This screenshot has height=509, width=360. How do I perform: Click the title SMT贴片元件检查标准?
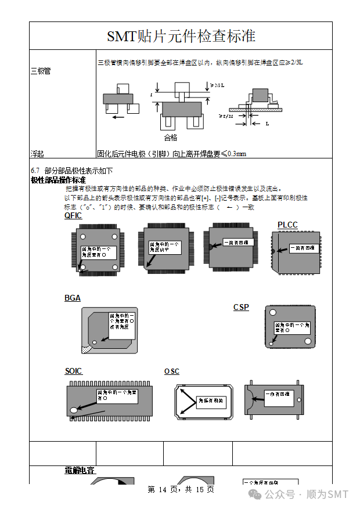point(181,36)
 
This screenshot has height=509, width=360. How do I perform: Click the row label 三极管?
point(40,71)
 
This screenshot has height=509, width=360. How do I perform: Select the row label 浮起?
point(37,154)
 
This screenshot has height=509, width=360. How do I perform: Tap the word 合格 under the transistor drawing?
point(170,138)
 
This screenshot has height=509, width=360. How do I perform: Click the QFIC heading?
point(73,216)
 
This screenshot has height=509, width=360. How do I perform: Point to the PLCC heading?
point(287,225)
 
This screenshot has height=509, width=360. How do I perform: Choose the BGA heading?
point(72,298)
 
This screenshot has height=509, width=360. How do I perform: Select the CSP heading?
point(241,307)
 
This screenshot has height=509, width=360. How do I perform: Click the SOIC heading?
point(73,371)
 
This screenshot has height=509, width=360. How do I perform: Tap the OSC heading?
point(172,371)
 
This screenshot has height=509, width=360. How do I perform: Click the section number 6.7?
point(35,171)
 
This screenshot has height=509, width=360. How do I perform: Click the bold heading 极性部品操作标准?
point(58,180)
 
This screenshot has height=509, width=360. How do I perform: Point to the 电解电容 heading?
point(80,470)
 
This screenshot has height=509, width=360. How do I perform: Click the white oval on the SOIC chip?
point(74,410)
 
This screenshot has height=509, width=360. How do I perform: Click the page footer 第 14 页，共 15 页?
point(181,490)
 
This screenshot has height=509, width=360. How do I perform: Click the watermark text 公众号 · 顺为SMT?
point(307,494)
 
